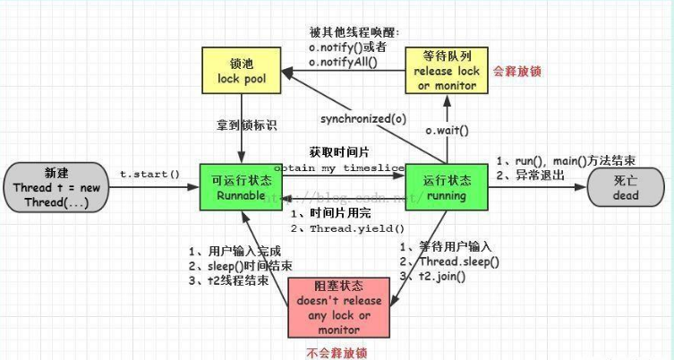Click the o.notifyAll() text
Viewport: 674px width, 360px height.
point(345,62)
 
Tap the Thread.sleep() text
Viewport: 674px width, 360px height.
point(458,261)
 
